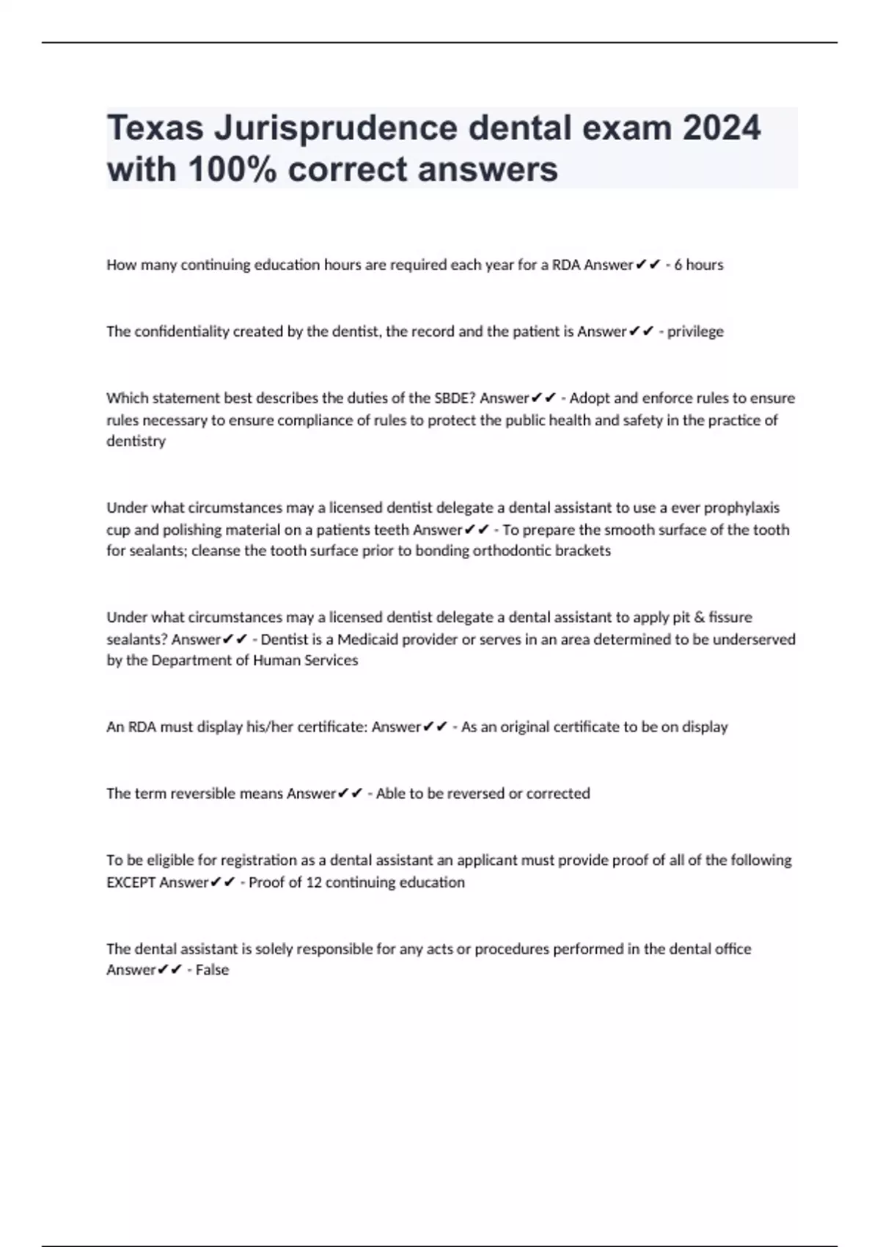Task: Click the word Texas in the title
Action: pyautogui.click(x=155, y=128)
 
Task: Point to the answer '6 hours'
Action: pyautogui.click(x=698, y=265)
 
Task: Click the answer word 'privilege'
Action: pyautogui.click(x=695, y=332)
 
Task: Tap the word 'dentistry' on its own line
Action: pyautogui.click(x=136, y=441)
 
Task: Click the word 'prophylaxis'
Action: pyautogui.click(x=741, y=508)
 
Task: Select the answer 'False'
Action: pyautogui.click(x=212, y=970)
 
